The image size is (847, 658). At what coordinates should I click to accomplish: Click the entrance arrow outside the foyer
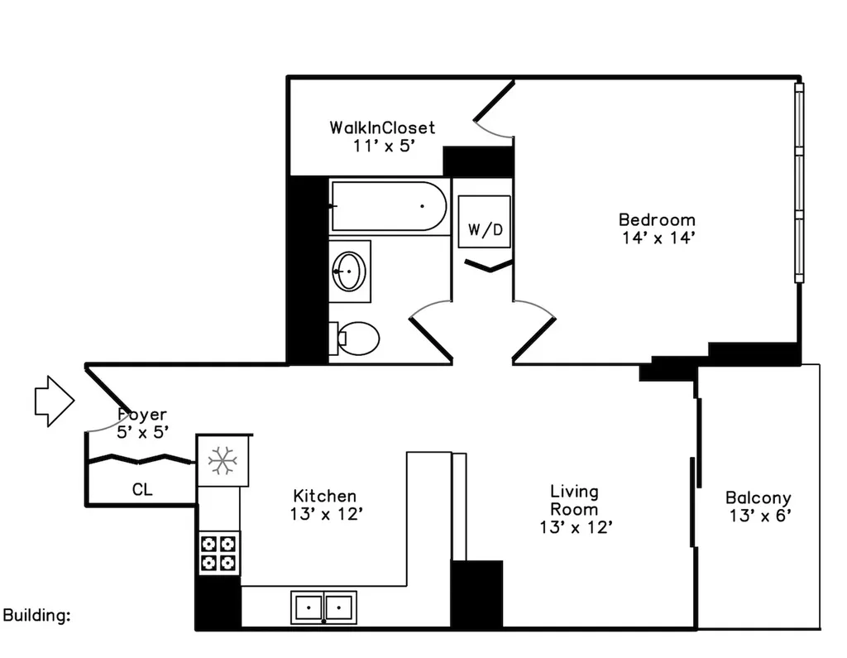click(55, 401)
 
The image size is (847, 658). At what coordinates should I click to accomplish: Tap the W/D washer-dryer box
click(485, 222)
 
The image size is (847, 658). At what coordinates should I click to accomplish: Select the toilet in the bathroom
click(354, 339)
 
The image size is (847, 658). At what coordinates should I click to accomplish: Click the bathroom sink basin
click(349, 271)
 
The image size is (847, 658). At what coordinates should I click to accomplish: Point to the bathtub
click(389, 206)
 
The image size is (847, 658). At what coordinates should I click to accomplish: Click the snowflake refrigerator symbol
click(223, 461)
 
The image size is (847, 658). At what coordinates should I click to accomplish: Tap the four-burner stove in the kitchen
click(218, 553)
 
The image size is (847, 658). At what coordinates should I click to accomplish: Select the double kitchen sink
click(323, 608)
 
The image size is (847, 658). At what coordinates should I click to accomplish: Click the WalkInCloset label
click(382, 127)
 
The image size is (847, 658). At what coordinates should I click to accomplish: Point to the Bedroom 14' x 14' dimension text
click(658, 238)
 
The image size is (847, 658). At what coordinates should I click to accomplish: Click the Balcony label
click(758, 497)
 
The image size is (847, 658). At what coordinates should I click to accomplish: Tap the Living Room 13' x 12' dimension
click(576, 527)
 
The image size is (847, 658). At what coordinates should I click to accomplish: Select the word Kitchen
click(324, 496)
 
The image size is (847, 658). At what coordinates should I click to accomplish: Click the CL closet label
click(142, 490)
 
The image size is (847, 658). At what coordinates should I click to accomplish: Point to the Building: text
click(36, 615)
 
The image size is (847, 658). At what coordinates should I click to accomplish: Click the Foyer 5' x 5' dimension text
click(142, 432)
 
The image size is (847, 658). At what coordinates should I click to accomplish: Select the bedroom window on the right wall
click(799, 183)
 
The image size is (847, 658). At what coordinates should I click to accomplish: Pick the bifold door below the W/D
click(488, 265)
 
